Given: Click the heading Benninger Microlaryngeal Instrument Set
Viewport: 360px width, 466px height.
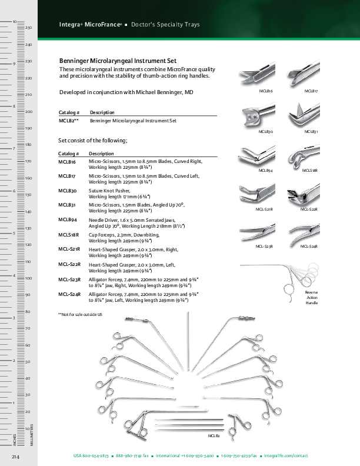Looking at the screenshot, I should pyautogui.click(x=118, y=61).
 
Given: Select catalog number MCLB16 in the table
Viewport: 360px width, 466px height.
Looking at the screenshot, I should pyautogui.click(x=67, y=161).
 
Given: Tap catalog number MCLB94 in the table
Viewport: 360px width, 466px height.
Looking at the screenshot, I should pyautogui.click(x=67, y=219).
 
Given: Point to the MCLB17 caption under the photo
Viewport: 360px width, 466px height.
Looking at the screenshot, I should pyautogui.click(x=311, y=92).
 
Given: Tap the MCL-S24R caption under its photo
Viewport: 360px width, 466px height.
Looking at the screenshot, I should pyautogui.click(x=309, y=245).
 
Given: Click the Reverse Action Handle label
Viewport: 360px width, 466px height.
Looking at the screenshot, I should pyautogui.click(x=311, y=297).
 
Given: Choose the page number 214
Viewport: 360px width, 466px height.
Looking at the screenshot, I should pyautogui.click(x=16, y=457).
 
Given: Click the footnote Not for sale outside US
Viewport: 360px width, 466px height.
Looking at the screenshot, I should pyautogui.click(x=81, y=315).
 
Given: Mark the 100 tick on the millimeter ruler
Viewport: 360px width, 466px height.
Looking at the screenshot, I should pyautogui.click(x=28, y=278).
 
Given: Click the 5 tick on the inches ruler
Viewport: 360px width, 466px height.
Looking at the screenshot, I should pyautogui.click(x=14, y=233).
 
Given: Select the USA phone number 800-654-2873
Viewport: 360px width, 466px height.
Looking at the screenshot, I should pyautogui.click(x=91, y=456).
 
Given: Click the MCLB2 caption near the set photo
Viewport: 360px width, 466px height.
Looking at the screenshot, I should pyautogui.click(x=214, y=435).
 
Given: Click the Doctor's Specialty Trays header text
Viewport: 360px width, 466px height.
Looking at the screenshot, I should pyautogui.click(x=165, y=25).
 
